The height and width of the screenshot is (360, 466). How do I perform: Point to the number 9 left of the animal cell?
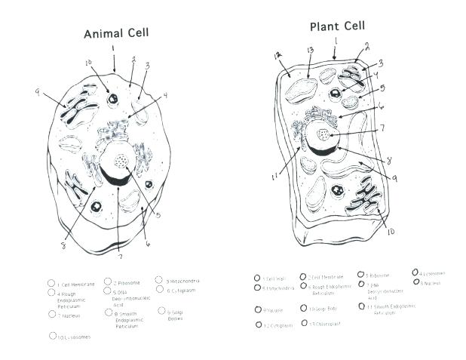pos(37,92)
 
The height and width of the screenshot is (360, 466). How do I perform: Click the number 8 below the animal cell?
pos(63,245)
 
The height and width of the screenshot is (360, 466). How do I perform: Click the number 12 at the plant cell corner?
pos(277,56)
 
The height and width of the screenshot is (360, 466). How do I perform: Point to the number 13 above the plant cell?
pos(310,51)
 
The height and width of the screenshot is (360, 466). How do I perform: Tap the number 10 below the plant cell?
pos(391,231)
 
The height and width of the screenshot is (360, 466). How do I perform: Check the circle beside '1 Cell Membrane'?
pos(51,284)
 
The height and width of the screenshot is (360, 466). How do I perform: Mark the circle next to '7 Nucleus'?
pos(51,315)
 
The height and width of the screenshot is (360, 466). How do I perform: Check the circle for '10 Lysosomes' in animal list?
pos(52,336)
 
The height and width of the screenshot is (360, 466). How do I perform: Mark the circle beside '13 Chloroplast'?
pos(304,323)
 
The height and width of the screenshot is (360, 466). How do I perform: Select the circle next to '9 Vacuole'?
pos(257,309)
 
